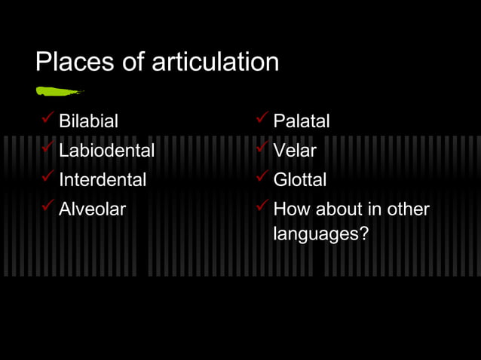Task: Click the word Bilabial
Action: pos(89,121)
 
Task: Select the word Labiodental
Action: pos(106,151)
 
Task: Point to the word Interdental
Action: pos(103,180)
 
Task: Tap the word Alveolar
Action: pos(92,209)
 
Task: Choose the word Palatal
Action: pos(302,121)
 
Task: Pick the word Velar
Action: pos(295,151)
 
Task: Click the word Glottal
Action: pos(300,180)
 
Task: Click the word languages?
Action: pos(320,234)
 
